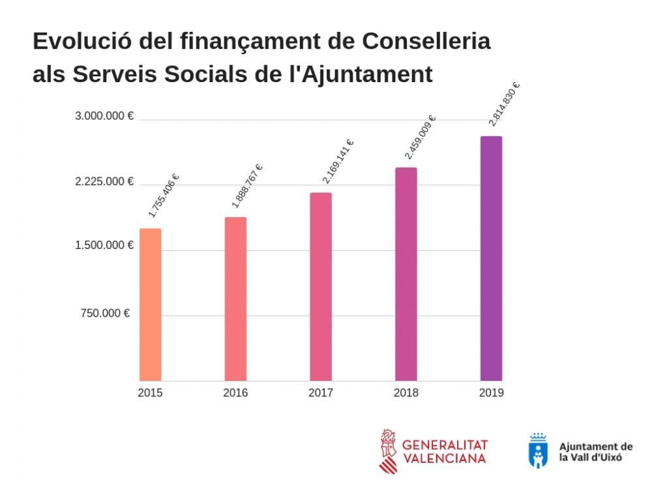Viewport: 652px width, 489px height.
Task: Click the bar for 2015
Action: click(150, 304)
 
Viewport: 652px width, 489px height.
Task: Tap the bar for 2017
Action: click(321, 287)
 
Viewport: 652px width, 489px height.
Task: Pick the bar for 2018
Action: click(406, 274)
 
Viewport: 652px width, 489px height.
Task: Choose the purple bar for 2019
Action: click(491, 258)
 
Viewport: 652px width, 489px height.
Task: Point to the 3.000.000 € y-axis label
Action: click(104, 116)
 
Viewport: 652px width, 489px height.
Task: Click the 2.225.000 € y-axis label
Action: click(104, 181)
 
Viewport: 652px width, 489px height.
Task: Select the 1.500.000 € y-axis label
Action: click(104, 245)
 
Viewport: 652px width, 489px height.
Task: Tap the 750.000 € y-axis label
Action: click(106, 314)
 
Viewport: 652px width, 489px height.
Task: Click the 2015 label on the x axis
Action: click(150, 393)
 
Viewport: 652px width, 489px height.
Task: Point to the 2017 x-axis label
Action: click(321, 393)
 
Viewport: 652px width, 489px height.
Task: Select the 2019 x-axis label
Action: click(491, 393)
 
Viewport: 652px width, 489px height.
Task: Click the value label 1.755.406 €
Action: click(164, 196)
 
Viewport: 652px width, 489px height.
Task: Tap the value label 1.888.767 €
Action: click(248, 186)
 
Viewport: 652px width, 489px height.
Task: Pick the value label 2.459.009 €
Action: click(420, 137)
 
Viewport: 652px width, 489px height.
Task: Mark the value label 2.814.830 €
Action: click(505, 104)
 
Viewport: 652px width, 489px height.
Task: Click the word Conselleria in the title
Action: click(426, 41)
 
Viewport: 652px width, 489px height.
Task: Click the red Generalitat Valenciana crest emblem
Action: click(389, 451)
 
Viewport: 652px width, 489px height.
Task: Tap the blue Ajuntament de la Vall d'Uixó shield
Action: click(538, 451)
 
